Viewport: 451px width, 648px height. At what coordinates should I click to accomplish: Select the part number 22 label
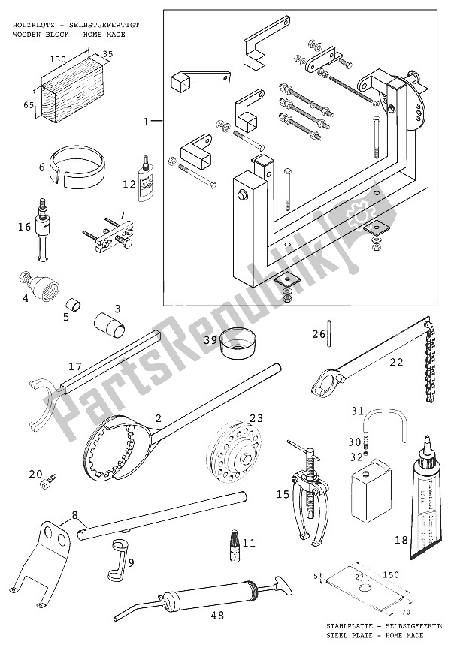coord(395,362)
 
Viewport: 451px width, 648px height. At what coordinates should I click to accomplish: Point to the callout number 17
coord(74,366)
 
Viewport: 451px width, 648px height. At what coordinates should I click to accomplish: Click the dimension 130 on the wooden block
coord(55,58)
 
